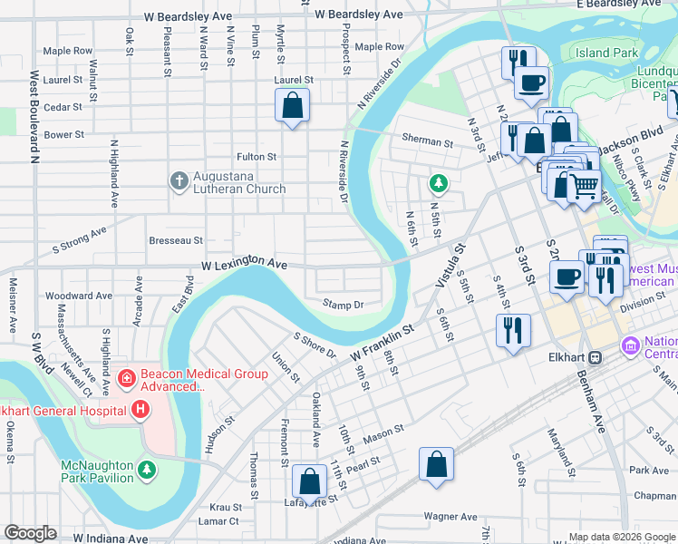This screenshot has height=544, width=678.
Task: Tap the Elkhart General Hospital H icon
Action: (140, 411)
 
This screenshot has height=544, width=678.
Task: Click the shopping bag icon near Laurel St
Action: (293, 106)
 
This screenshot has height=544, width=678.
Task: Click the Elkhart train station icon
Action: (596, 356)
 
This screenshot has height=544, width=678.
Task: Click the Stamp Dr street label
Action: (343, 305)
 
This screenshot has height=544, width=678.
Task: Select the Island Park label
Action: (606, 53)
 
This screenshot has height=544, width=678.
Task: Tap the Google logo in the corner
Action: (30, 533)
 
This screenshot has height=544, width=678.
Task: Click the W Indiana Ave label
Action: (111, 538)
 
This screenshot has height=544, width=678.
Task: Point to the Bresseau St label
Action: (176, 240)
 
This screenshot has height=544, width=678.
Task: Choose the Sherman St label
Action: (428, 142)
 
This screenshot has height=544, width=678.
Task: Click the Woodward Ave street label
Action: (79, 296)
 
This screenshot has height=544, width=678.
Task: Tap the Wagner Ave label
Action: (450, 517)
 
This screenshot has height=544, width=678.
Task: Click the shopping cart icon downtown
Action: (584, 186)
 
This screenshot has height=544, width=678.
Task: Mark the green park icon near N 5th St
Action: (439, 185)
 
